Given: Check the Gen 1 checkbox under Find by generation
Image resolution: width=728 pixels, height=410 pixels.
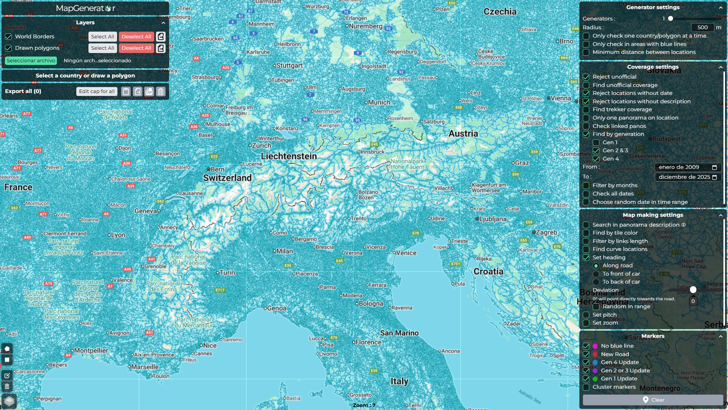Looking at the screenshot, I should [x=596, y=142].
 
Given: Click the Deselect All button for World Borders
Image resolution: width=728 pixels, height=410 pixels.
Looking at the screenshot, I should [x=136, y=36].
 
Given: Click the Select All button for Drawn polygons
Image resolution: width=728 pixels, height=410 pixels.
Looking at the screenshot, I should [x=102, y=48].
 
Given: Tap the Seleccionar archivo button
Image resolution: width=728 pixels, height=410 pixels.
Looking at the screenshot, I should [x=31, y=60].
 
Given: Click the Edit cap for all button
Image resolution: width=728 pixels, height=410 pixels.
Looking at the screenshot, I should [x=97, y=91].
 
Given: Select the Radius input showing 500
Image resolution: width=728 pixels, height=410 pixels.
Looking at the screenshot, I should [x=702, y=27].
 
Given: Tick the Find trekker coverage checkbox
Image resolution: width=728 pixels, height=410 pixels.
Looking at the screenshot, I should [x=586, y=109].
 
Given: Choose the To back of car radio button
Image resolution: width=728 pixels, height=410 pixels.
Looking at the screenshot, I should [x=596, y=282].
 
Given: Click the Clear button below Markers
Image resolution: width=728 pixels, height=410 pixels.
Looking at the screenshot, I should [x=653, y=400].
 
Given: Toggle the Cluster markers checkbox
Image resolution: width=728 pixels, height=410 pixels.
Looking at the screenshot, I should [x=586, y=387].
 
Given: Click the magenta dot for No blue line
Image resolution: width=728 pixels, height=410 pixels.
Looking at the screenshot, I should [x=595, y=346].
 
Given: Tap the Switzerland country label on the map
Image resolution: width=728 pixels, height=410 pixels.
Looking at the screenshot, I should [x=227, y=178].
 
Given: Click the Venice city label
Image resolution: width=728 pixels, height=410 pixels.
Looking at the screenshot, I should [x=406, y=253].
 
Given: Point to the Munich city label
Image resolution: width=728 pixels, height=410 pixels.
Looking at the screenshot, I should [x=379, y=102].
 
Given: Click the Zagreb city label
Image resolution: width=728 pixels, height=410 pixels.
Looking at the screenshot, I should [x=546, y=232].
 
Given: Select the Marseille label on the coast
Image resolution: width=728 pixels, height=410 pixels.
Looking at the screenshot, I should [x=145, y=367].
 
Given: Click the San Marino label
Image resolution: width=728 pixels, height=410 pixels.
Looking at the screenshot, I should [x=399, y=333].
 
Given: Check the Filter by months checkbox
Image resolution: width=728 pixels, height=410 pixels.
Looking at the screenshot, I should [x=586, y=185].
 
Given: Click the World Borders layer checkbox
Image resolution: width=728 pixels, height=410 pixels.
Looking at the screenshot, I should [x=8, y=36].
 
